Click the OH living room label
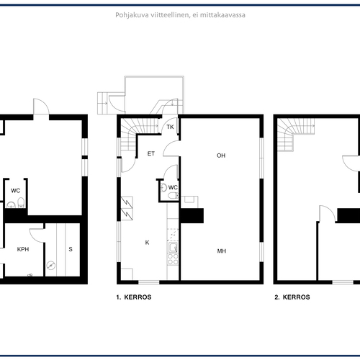(221, 156)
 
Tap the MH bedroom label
(222, 251)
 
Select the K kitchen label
(147, 243)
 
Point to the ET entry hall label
(151, 153)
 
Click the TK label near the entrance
(170, 127)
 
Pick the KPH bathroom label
(23, 249)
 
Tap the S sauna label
(71, 249)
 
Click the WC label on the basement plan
(16, 191)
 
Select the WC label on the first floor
(173, 187)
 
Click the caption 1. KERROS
(134, 297)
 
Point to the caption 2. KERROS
(292, 297)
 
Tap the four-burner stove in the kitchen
(173, 259)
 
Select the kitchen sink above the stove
(173, 247)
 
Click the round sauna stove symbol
(51, 265)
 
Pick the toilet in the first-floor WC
(174, 196)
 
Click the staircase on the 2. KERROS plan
(296, 135)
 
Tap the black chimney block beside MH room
(192, 215)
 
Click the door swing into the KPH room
(37, 235)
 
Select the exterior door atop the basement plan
(41, 107)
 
